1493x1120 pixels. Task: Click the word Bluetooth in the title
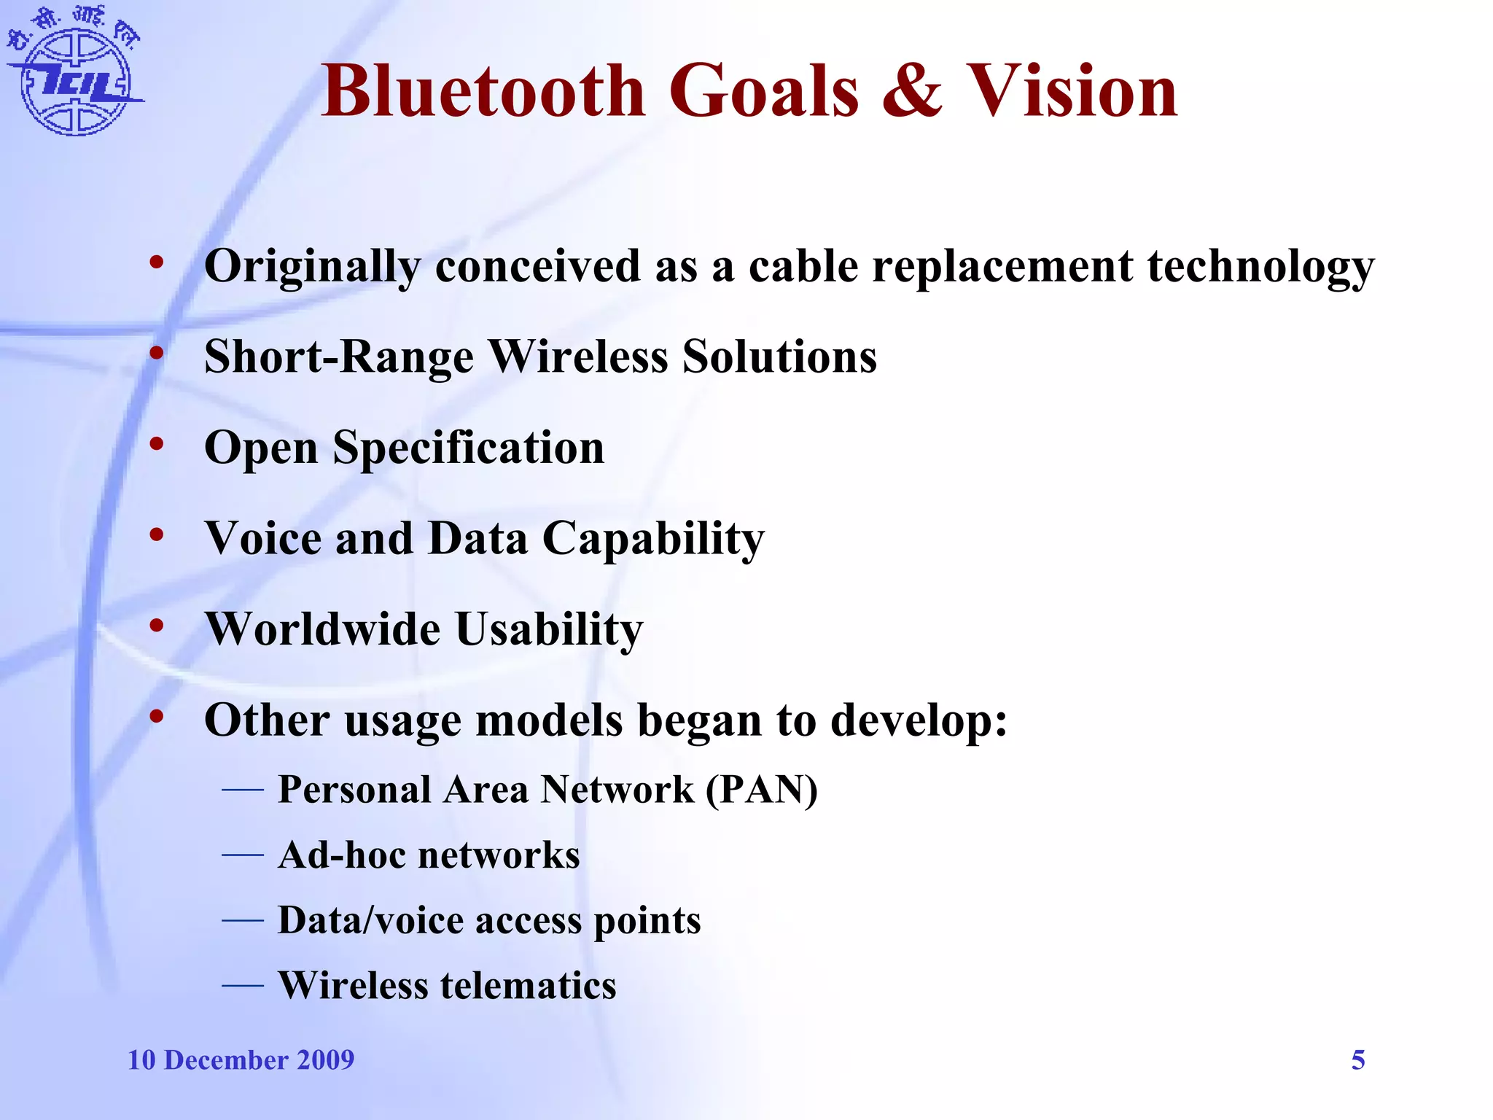pyautogui.click(x=483, y=91)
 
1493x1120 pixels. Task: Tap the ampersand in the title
pyautogui.click(x=912, y=91)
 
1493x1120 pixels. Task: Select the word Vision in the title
pyautogui.click(x=1071, y=91)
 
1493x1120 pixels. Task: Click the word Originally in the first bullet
pyautogui.click(x=312, y=267)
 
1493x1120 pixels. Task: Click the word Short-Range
pyautogui.click(x=338, y=357)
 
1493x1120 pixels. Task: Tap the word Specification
pyautogui.click(x=469, y=448)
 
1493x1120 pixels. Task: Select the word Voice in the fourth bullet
pyautogui.click(x=263, y=538)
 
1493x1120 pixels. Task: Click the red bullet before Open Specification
pyautogui.click(x=156, y=444)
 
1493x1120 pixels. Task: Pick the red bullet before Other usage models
pyautogui.click(x=156, y=716)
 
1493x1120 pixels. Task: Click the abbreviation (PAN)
pyautogui.click(x=761, y=790)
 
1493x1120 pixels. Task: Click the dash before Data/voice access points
pyautogui.click(x=243, y=921)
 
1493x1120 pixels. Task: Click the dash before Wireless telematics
pyautogui.click(x=243, y=986)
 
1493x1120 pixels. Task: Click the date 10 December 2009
pyautogui.click(x=241, y=1060)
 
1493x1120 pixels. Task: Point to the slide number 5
pyautogui.click(x=1357, y=1060)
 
